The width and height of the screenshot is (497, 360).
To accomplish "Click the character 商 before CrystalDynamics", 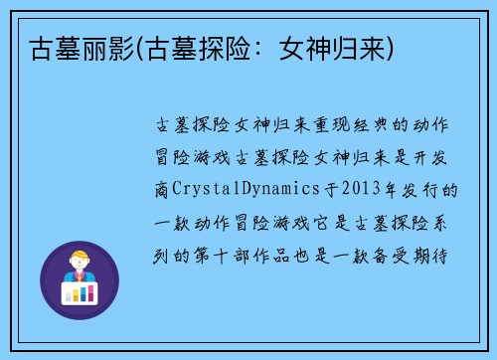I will [x=163, y=188].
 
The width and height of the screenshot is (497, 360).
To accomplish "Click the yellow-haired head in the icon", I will [x=79, y=260].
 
